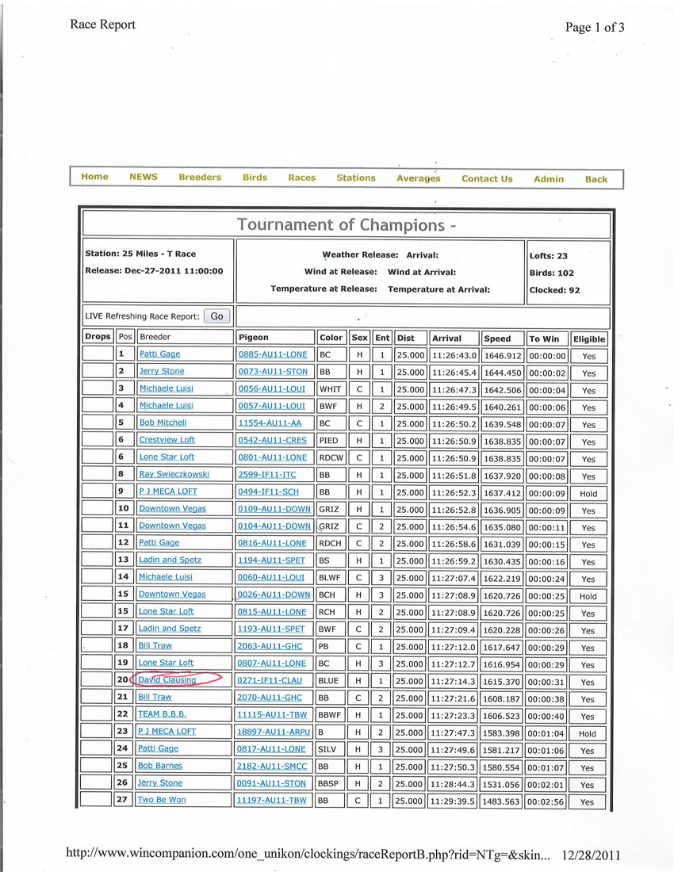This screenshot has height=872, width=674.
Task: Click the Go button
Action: (216, 316)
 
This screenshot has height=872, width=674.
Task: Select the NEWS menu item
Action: (144, 178)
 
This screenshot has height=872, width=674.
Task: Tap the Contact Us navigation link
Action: (487, 179)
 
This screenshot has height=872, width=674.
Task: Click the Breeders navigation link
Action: (200, 178)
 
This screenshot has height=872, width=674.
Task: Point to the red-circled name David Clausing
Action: (167, 680)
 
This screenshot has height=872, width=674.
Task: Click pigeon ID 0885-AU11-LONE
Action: (271, 354)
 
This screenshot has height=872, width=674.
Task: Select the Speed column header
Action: (498, 338)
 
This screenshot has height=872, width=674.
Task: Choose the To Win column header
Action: (544, 338)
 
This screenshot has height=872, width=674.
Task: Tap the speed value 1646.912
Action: (503, 355)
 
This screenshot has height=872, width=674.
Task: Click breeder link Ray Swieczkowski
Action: (174, 474)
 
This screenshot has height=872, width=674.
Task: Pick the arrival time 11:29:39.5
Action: (454, 801)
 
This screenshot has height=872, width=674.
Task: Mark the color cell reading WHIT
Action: (329, 389)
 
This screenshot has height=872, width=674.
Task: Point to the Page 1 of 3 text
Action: (595, 28)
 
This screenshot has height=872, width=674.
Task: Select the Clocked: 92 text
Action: (554, 290)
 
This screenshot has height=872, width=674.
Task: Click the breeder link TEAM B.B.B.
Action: (162, 714)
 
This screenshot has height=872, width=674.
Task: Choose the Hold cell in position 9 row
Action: (588, 493)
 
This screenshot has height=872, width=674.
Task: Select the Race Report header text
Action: (102, 25)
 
